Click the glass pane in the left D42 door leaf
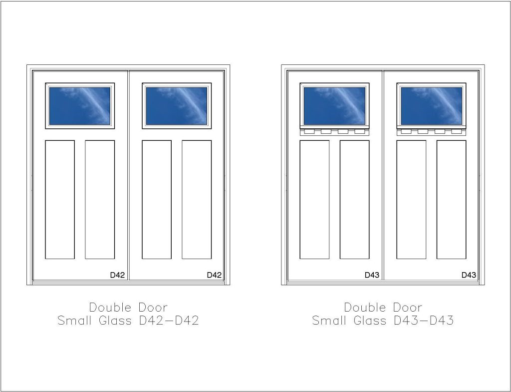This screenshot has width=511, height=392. click(80, 106)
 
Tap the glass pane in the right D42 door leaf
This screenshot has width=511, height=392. click(177, 106)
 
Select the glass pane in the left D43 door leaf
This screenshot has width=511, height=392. click(334, 106)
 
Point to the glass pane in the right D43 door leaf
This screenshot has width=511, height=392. click(432, 106)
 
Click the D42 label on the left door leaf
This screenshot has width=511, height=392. click(117, 275)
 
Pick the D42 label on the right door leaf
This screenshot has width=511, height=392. click(214, 275)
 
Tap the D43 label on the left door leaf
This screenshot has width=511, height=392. click(372, 275)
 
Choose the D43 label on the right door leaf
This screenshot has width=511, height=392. click(469, 275)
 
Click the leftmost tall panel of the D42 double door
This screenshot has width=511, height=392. click(60, 200)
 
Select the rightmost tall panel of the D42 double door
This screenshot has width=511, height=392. click(197, 200)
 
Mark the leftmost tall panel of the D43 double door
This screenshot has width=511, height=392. click(314, 200)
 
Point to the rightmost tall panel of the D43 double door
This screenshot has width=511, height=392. click(451, 200)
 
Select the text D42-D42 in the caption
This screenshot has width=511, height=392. click(169, 320)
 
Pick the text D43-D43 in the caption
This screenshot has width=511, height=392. click(423, 320)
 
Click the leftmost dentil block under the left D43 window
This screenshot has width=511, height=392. click(309, 131)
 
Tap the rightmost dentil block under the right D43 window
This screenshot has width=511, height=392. click(456, 131)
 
